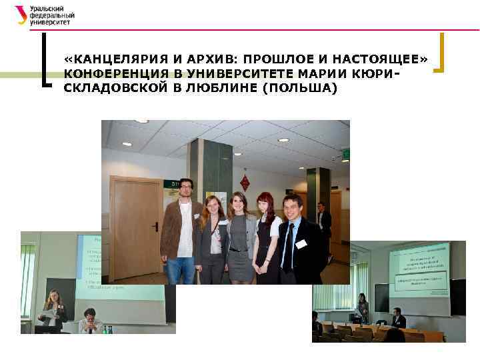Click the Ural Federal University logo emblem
21,14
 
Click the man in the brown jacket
181,227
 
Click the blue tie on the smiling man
288,247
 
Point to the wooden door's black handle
155,227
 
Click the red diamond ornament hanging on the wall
245,181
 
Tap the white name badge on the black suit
301,244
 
